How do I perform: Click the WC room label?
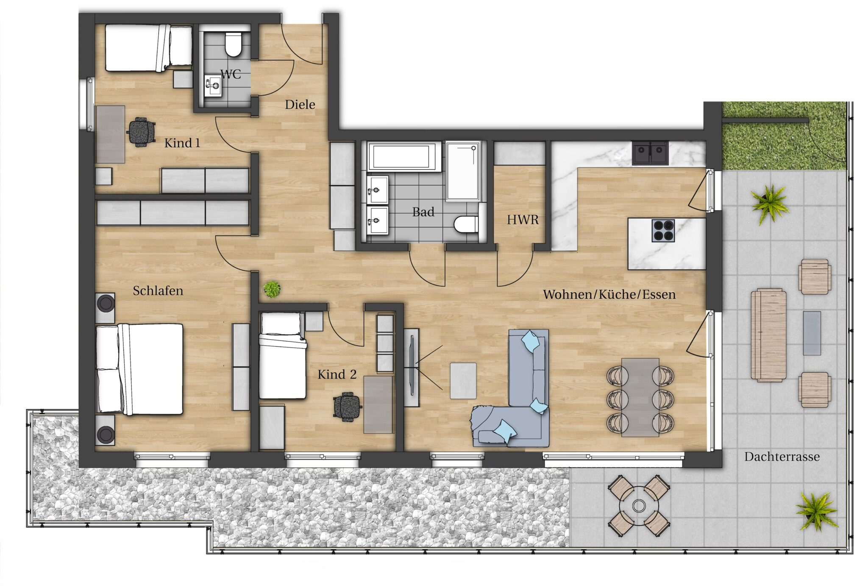231,75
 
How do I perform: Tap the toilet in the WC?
233,44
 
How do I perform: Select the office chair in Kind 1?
141,132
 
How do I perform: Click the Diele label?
300,105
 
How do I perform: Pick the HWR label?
523,220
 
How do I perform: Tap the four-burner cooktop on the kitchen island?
663,231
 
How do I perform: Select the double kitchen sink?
650,152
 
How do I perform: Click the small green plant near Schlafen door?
272,289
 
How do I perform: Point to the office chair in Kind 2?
347,407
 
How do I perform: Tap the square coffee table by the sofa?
463,381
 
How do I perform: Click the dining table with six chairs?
640,397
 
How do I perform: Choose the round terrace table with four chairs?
639,506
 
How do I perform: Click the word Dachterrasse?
782,457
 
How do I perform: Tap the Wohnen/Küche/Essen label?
609,294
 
